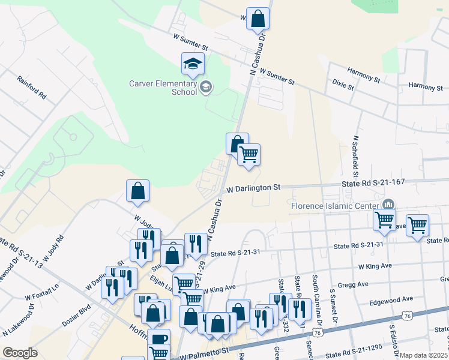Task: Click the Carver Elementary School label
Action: (x=163, y=88)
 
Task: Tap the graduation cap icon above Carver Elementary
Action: (x=193, y=64)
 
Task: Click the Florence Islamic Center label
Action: (x=335, y=206)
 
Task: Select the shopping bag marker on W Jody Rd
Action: (x=138, y=191)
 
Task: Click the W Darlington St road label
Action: (x=253, y=188)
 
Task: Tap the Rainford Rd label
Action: (x=32, y=87)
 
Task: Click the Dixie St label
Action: (x=343, y=87)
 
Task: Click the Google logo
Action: (x=20, y=353)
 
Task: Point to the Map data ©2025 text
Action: (x=423, y=355)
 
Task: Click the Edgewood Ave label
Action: (x=391, y=299)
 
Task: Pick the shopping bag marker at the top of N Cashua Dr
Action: (x=258, y=19)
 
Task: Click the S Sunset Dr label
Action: (x=332, y=303)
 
